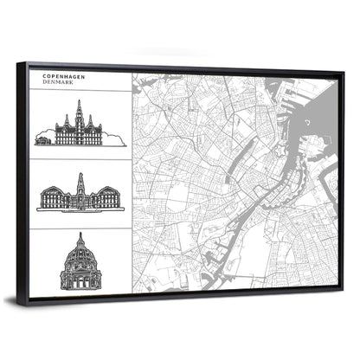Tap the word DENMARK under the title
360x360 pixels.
[x=58, y=83]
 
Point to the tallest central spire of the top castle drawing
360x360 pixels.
[x=79, y=107]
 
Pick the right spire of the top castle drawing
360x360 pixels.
[x=90, y=119]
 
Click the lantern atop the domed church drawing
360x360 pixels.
[x=80, y=236]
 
